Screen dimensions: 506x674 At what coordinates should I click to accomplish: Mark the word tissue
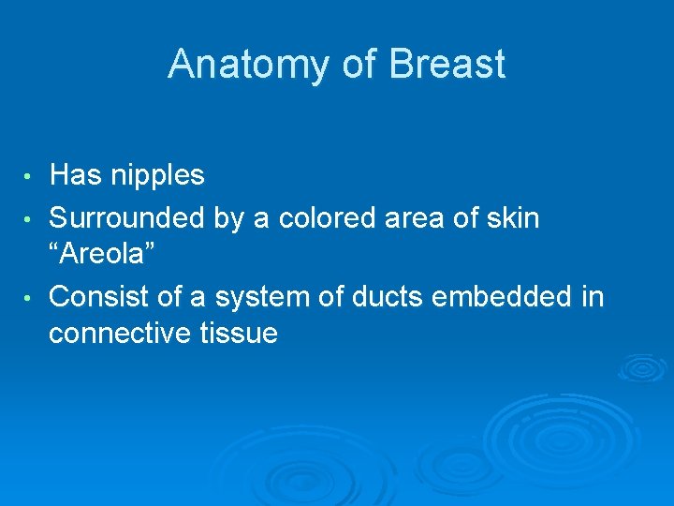coord(242,333)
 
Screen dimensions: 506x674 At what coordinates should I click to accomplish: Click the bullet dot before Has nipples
coord(30,176)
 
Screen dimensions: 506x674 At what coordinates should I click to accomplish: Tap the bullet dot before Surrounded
coord(30,220)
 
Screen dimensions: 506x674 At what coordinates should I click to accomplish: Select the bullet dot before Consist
coord(30,299)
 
